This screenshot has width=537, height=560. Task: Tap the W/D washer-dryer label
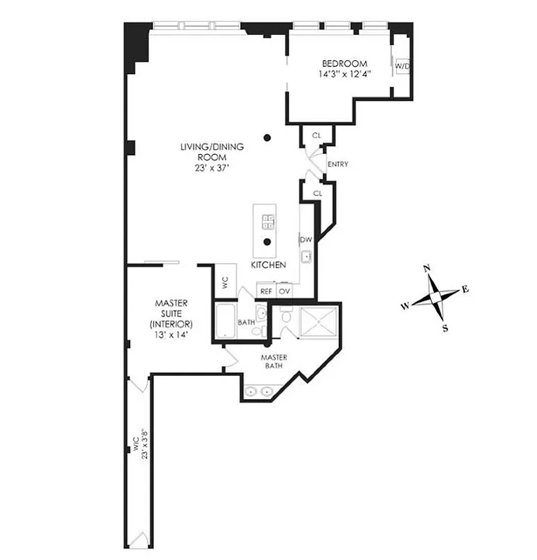402,66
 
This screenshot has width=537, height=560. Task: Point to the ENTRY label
337,164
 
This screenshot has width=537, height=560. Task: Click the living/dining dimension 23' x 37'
212,169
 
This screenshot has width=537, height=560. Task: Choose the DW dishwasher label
306,239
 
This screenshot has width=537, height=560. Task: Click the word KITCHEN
268,266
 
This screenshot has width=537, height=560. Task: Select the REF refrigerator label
266,290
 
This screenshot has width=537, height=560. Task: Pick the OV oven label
284,290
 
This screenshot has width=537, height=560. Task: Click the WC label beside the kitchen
225,283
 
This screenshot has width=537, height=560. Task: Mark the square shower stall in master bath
319,321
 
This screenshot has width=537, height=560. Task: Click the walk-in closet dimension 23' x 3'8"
141,442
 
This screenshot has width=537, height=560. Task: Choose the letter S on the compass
445,328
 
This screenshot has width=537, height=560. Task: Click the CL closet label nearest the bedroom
316,134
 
